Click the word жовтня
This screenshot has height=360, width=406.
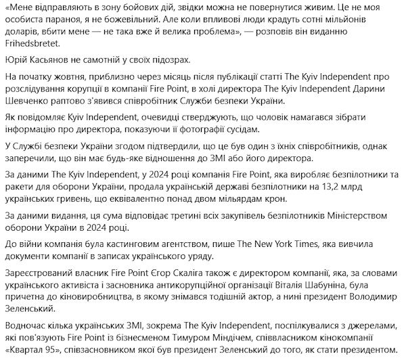(78, 78)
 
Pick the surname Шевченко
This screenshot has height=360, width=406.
(26, 102)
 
